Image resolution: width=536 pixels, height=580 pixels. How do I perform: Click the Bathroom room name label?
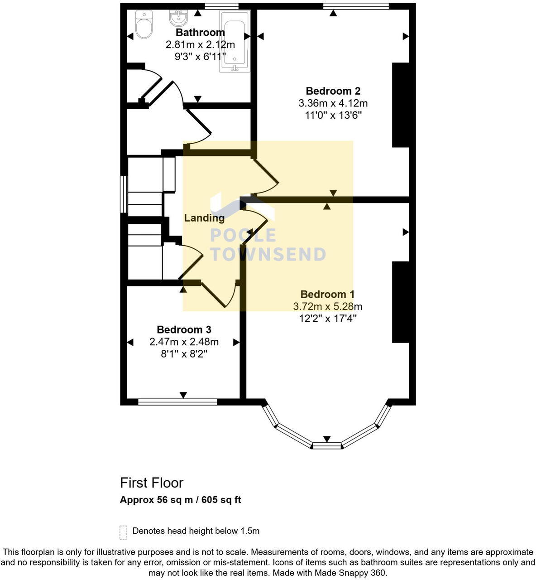[x=200, y=33]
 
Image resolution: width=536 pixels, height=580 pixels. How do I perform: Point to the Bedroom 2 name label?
[x=333, y=91]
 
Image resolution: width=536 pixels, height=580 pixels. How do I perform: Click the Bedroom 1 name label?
[x=327, y=295]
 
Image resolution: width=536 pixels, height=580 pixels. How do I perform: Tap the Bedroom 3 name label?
[x=184, y=330]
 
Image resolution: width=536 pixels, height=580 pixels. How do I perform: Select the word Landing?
[x=204, y=218]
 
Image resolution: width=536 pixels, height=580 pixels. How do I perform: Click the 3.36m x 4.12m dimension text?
[x=333, y=103]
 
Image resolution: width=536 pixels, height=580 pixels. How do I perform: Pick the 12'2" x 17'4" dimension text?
[x=328, y=319]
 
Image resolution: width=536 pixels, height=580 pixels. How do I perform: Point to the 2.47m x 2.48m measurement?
[x=184, y=342]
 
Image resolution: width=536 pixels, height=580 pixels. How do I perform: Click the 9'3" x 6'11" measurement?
[x=200, y=57]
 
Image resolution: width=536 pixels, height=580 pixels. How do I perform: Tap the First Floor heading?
[x=152, y=483]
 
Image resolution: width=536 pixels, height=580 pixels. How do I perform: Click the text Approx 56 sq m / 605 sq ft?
[x=180, y=500]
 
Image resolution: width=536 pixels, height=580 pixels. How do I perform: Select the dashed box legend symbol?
[x=123, y=532]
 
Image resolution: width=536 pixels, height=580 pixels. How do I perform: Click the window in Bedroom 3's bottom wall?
[x=177, y=401]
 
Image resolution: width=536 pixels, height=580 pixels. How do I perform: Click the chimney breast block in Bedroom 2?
[x=401, y=105]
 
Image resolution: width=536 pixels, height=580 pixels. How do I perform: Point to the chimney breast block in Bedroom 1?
[x=401, y=302]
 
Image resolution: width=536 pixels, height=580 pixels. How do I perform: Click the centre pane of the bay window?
[x=327, y=446]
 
